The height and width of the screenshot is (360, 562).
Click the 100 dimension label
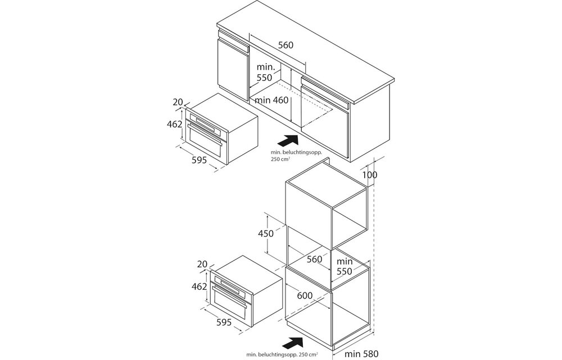tap(369, 174)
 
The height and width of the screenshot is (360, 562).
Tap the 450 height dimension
tap(266, 233)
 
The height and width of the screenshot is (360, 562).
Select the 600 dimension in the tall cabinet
tap(305, 295)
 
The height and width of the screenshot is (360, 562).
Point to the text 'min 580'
tap(361, 354)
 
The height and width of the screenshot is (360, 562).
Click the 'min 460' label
tap(271, 100)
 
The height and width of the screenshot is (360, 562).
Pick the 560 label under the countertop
tap(285, 45)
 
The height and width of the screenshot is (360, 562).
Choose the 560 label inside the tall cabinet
tap(315, 259)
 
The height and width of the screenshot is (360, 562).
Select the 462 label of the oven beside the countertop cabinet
tap(175, 124)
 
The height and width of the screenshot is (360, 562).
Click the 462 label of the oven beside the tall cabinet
tap(200, 286)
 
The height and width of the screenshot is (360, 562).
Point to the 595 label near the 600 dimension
tap(224, 322)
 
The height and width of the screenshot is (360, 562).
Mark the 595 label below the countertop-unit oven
tap(198, 160)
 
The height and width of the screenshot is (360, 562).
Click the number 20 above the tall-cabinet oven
tap(203, 264)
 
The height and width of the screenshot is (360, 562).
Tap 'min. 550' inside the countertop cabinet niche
tap(265, 73)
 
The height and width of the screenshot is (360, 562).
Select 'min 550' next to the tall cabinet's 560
tap(344, 266)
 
